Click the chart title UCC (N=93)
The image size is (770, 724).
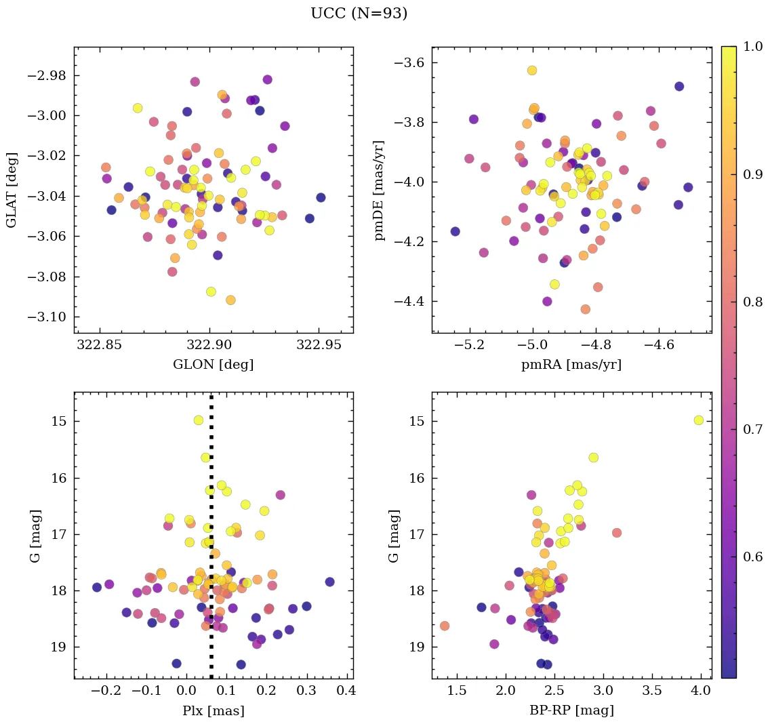tap(359, 14)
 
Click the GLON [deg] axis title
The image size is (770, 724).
tap(213, 365)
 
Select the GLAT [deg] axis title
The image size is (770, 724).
tap(12, 190)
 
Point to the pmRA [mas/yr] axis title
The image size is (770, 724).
tap(571, 365)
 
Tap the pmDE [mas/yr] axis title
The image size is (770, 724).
tap(380, 190)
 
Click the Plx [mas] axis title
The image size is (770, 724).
tap(213, 710)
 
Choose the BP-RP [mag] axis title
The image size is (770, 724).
tap(571, 710)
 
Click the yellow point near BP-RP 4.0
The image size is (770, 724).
tap(699, 420)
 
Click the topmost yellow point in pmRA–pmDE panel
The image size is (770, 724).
tap(532, 71)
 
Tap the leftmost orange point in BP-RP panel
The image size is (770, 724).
tap(445, 626)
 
